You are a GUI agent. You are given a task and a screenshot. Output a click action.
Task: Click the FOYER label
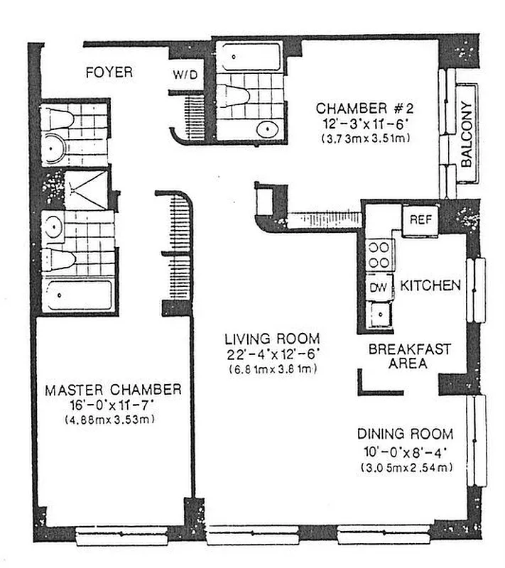[x=109, y=72]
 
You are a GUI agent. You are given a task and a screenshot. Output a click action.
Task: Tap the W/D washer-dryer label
[x=184, y=74]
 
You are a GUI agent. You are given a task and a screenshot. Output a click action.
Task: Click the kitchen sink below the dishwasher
[x=379, y=312]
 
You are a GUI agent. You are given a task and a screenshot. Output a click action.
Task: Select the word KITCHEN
[x=430, y=286]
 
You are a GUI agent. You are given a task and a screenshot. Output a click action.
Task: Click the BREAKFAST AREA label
[x=408, y=356]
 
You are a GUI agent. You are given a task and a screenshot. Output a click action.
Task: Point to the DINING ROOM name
[x=405, y=435]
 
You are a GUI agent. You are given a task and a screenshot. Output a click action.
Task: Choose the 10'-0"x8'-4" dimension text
[x=405, y=451]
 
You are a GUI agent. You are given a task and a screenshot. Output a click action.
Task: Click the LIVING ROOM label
[x=272, y=339]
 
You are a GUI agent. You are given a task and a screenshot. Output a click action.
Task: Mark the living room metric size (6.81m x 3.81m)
[x=272, y=370]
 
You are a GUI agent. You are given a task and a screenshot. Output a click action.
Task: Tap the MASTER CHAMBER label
[x=113, y=390]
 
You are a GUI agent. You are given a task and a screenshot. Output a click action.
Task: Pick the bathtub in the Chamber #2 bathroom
[x=249, y=58]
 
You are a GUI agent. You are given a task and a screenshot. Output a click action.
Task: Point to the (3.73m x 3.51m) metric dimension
[x=363, y=138]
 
